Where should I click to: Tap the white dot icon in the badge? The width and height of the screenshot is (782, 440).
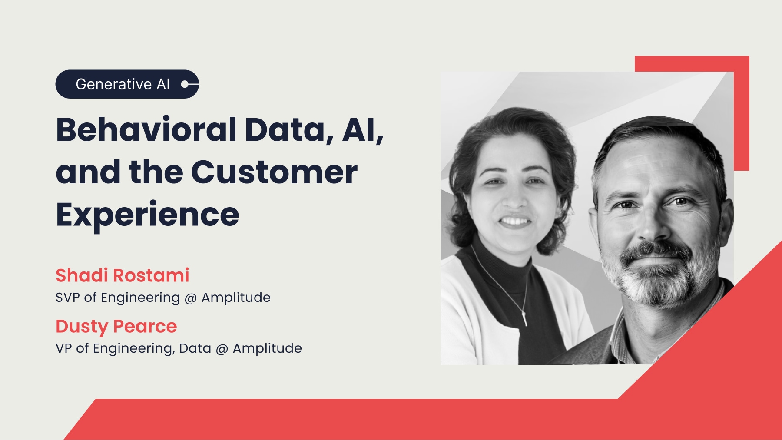click(x=185, y=84)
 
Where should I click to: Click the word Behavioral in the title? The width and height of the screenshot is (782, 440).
click(x=146, y=130)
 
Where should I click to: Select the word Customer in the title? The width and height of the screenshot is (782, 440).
click(x=274, y=172)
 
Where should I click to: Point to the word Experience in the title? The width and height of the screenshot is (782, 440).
click(x=147, y=215)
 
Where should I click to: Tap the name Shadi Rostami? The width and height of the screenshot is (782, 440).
click(x=123, y=275)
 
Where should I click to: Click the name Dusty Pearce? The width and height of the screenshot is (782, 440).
click(x=116, y=326)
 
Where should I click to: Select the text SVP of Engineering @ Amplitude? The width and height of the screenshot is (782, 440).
click(x=163, y=298)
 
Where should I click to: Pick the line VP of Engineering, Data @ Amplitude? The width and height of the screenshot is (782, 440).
click(x=179, y=348)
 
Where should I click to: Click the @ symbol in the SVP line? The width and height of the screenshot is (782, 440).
click(x=191, y=298)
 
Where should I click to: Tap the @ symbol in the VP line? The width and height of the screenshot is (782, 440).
click(x=222, y=349)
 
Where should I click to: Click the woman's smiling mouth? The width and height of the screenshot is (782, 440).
click(x=515, y=222)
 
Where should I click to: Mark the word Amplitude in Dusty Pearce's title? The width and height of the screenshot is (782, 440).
click(x=267, y=348)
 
